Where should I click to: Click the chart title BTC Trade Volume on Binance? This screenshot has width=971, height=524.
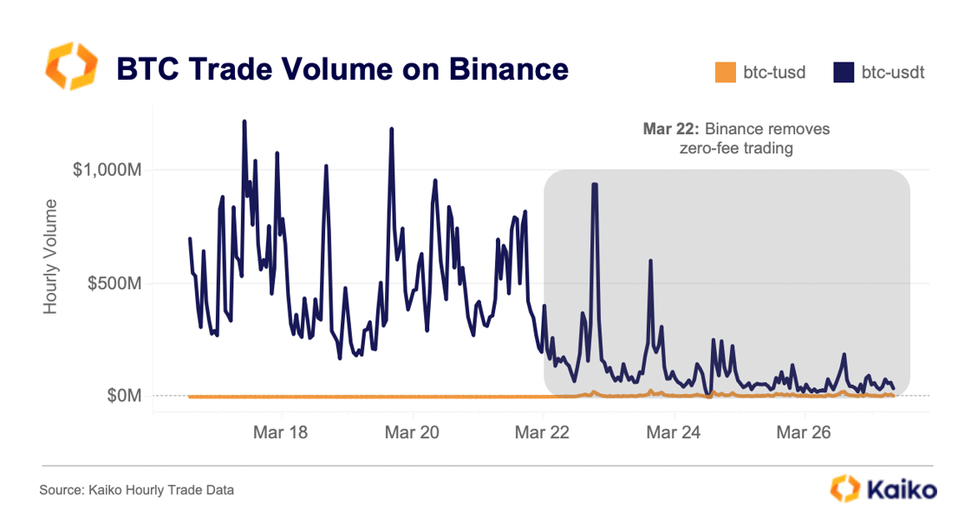[x=342, y=69]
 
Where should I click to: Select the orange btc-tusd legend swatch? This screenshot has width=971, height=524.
[x=725, y=73]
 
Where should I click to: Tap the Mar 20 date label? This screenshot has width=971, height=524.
[x=413, y=433]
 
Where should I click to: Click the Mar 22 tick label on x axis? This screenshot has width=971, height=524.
[x=543, y=433]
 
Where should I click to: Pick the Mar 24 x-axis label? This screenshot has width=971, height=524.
[x=674, y=433]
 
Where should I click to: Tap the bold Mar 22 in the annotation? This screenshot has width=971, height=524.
[x=670, y=129]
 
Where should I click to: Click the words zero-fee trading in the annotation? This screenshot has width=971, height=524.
[x=736, y=148]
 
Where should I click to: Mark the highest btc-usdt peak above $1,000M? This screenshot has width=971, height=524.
[x=244, y=122]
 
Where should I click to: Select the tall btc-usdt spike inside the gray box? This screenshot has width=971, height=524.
[x=595, y=184]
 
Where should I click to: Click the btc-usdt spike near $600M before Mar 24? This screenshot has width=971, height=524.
[x=650, y=261]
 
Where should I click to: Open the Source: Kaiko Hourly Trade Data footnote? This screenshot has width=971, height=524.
[x=136, y=490]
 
